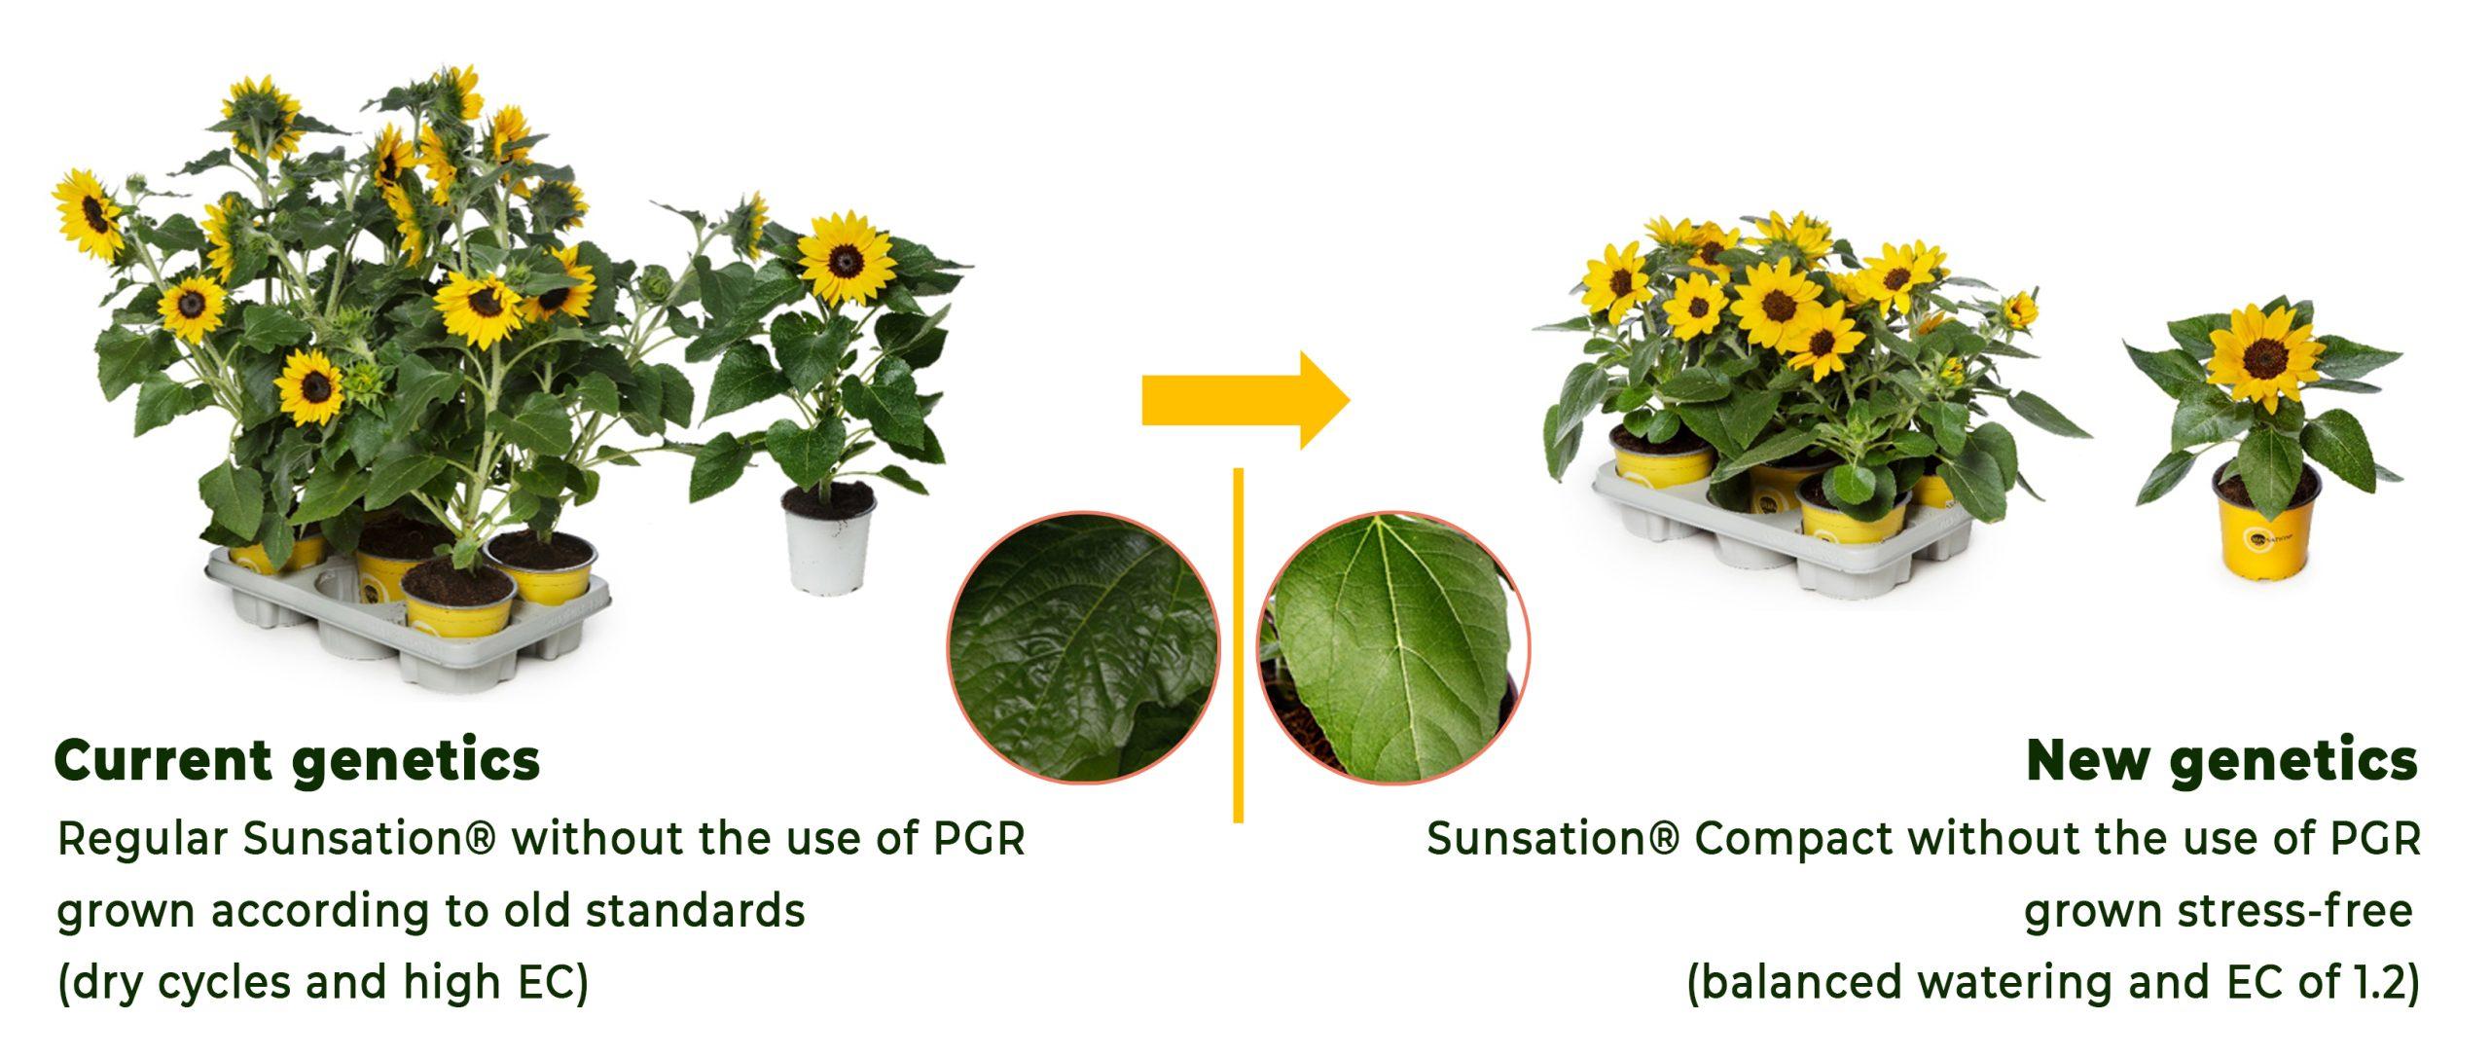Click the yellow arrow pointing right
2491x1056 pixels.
1246,400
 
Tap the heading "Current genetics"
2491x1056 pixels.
298,760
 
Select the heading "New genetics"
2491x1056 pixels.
2221,760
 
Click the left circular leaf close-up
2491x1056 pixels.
1083,647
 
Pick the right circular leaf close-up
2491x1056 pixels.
1393,647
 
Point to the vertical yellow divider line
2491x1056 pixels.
1238,645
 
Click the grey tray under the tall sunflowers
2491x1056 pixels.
409,633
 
